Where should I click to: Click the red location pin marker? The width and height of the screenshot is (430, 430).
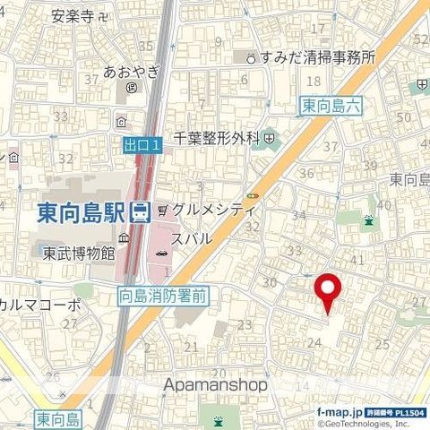[328, 293]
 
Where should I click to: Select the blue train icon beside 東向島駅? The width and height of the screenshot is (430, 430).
[139, 213]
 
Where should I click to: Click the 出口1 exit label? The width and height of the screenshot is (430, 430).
[142, 143]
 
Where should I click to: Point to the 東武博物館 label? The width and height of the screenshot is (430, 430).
[79, 254]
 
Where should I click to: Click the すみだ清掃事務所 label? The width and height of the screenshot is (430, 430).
[316, 56]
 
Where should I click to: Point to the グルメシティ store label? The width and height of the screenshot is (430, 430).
[213, 210]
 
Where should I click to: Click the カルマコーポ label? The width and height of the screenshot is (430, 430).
[40, 304]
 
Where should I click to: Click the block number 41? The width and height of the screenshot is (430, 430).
[356, 260]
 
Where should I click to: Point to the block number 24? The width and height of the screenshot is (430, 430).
[314, 341]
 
